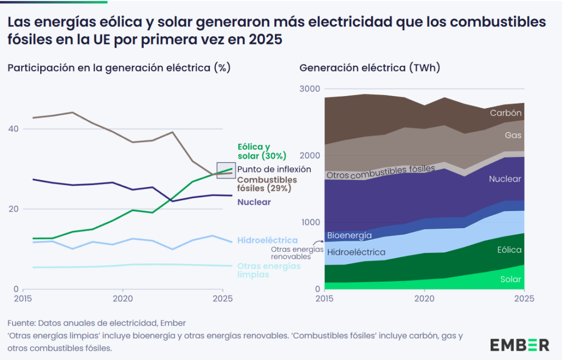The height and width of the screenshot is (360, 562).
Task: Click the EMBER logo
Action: click(519, 345)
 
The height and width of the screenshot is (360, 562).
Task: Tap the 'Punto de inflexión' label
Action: click(274, 170)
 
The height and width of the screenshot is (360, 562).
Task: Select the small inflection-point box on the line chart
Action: click(226, 171)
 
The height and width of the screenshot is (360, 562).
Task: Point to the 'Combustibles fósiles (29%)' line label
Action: click(267, 184)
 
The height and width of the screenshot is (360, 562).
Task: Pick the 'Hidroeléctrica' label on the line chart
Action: click(267, 240)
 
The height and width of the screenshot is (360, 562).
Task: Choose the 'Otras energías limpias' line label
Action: click(269, 270)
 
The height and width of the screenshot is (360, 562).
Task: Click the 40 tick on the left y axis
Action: click(12, 129)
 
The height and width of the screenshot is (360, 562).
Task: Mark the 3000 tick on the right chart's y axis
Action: click(310, 89)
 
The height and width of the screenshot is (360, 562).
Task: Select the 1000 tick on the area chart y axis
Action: click(310, 222)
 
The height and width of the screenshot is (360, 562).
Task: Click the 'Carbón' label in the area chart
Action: click(505, 113)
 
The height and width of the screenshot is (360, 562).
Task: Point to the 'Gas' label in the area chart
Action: click(514, 135)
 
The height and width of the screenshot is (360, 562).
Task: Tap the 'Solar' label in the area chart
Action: click(511, 279)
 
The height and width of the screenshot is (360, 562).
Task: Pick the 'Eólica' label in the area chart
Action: click(509, 250)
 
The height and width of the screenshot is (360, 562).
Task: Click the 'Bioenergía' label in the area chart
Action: click(349, 235)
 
